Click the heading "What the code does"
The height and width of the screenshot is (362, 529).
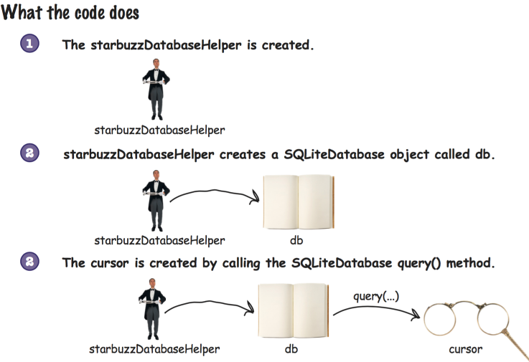tap(70, 14)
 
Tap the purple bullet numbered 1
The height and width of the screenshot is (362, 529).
tap(30, 44)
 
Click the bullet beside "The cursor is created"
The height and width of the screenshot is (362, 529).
tap(30, 262)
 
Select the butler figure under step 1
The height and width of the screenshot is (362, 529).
tap(156, 94)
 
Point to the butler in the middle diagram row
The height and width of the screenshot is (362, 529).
tap(156, 201)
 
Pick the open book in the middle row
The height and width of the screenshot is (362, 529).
tap(296, 201)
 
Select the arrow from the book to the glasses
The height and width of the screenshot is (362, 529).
tap(375, 311)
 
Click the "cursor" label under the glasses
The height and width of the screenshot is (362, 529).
tap(465, 349)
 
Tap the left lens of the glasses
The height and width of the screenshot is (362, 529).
tap(443, 321)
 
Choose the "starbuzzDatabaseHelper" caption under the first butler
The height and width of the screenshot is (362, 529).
tap(159, 130)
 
